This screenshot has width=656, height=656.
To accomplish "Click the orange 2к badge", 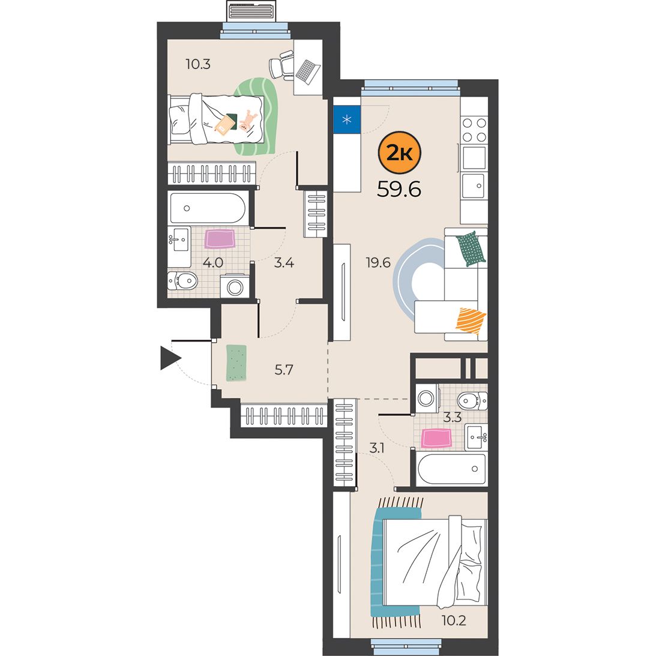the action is coord(399,152).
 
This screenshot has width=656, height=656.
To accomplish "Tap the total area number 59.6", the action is coord(399,190).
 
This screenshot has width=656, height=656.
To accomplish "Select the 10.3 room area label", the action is coord(198,64).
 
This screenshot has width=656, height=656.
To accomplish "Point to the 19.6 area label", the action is coord(378,263).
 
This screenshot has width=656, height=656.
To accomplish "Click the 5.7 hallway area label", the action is coord(284,370).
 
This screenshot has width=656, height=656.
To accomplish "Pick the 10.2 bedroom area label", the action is coord(454,620).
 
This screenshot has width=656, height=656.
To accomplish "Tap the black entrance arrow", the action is coord(170,358).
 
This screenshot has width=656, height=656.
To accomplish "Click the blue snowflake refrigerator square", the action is coord(347,119).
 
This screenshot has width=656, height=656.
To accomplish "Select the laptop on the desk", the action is coord(308,71).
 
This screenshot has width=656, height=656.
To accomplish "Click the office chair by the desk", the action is coord(281,65).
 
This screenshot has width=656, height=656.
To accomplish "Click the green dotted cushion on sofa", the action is coord(471,249).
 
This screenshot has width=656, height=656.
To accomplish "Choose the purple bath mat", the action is coord(220,239).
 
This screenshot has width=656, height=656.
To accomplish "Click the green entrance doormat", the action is coord(236,363).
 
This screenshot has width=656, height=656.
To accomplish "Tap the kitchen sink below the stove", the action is coord(474,185).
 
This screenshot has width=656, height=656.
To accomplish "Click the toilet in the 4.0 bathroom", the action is coord(182,281).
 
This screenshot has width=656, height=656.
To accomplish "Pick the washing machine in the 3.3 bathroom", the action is coord(426,399).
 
